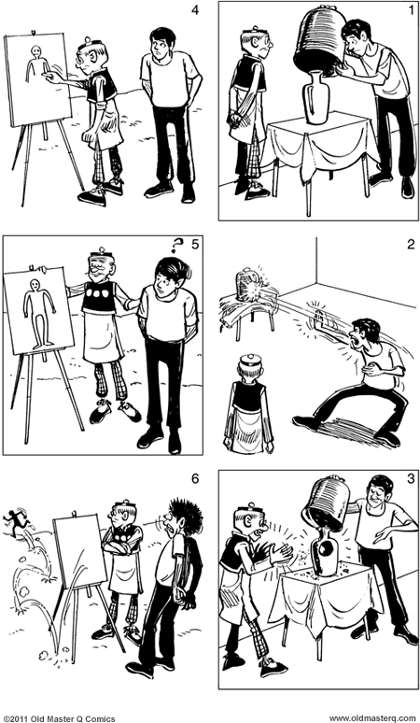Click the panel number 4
click(x=194, y=11)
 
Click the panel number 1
click(x=402, y=11)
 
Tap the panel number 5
click(x=194, y=248)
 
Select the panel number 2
click(x=402, y=247)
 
